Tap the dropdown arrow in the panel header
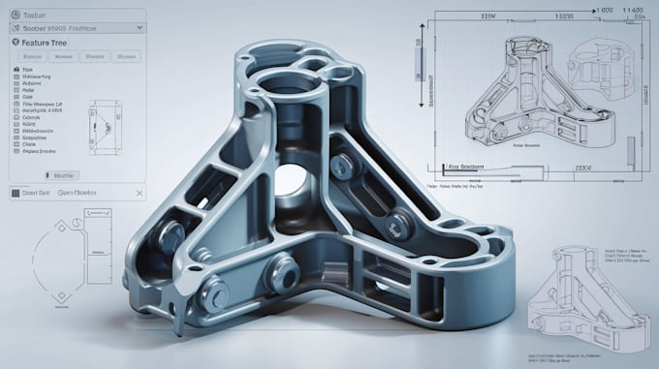coord(141,28)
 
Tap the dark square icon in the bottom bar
coord(14,192)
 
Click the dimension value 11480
coord(635,9)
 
